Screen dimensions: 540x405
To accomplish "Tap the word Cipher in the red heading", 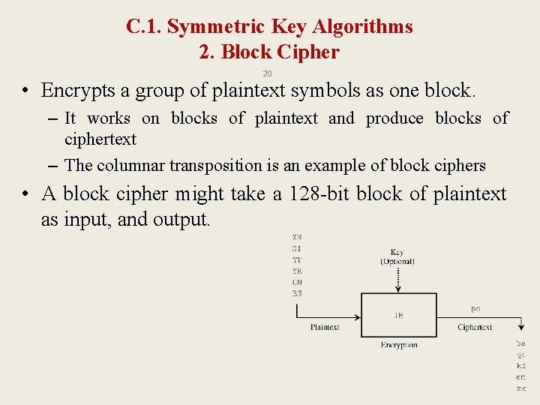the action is [x=311, y=52].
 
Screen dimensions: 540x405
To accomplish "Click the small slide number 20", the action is [x=267, y=73].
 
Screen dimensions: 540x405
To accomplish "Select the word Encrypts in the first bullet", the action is [x=78, y=91].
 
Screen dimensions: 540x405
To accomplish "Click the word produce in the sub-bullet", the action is [x=394, y=118].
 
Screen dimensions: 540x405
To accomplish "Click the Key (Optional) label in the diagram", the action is [x=397, y=256].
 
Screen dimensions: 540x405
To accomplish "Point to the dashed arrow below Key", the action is [x=397, y=278].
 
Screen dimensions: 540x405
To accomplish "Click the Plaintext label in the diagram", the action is [x=325, y=327].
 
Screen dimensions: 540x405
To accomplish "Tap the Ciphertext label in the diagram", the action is [x=475, y=327].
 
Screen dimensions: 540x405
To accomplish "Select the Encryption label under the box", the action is [x=398, y=345].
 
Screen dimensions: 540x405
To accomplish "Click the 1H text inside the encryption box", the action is [x=398, y=316].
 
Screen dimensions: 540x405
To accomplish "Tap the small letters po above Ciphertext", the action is [x=475, y=309].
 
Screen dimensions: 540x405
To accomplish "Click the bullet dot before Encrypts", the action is [x=25, y=91].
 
